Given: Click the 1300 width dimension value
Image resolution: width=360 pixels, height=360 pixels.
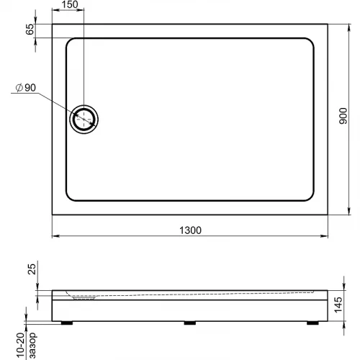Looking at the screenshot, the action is (x=190, y=230).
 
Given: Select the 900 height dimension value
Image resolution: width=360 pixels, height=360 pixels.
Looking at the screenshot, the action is (x=343, y=116).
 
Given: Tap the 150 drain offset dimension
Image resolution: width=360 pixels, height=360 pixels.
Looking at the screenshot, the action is (x=70, y=4).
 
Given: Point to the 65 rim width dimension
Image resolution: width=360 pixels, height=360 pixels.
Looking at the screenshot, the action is (x=30, y=30).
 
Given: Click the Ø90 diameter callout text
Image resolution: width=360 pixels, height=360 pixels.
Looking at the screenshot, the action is (x=26, y=88).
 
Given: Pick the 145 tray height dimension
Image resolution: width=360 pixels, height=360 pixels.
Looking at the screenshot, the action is (x=338, y=305).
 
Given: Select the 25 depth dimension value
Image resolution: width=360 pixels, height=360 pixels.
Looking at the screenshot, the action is (x=32, y=269).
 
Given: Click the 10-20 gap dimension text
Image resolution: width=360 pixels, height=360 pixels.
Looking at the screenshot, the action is (x=21, y=346).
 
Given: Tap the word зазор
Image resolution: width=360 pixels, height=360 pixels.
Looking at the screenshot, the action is (x=32, y=346).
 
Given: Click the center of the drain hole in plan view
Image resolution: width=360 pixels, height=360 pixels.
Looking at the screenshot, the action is (x=84, y=119).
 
